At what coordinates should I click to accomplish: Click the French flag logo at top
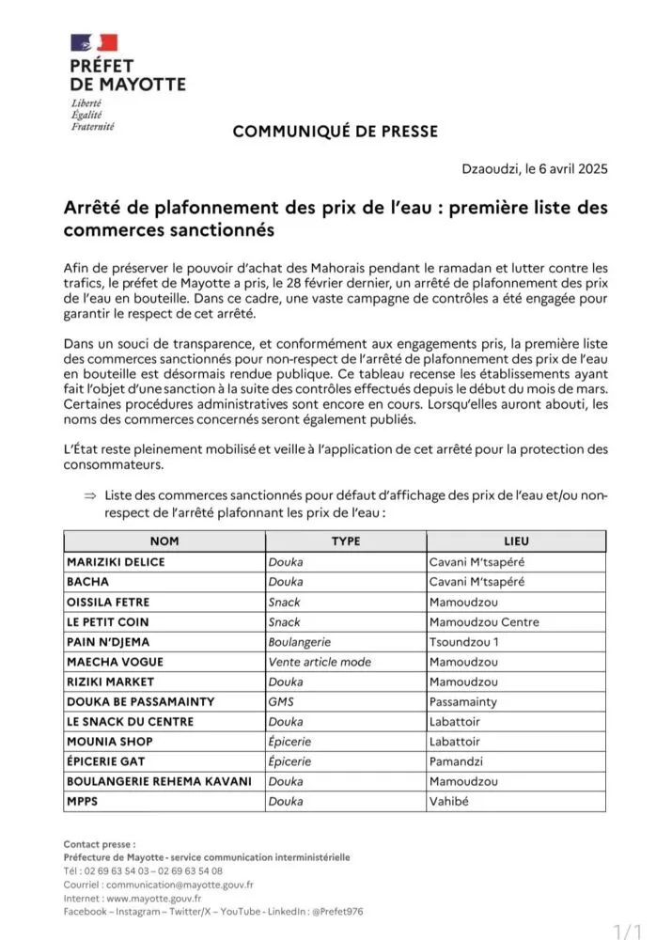click(x=95, y=42)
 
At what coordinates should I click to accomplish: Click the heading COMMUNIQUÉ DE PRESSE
click(x=335, y=132)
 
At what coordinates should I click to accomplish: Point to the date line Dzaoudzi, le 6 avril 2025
click(x=535, y=170)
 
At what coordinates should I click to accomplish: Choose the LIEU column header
click(x=516, y=541)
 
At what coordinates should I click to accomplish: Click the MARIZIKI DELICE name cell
click(x=116, y=562)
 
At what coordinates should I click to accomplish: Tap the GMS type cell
click(x=281, y=701)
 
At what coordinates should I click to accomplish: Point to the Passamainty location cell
click(x=463, y=701)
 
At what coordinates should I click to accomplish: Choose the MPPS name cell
click(x=83, y=802)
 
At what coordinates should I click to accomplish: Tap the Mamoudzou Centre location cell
click(x=484, y=622)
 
